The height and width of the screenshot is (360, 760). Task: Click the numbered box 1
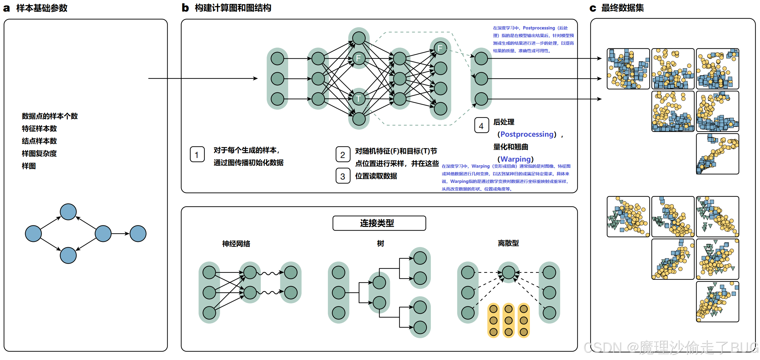[197, 155]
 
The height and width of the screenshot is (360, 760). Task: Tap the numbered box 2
[343, 155]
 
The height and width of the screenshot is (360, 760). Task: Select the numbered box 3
[343, 176]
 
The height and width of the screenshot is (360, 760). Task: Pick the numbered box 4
[481, 125]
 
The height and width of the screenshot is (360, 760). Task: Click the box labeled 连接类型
[379, 223]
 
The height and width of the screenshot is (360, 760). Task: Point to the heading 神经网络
[236, 244]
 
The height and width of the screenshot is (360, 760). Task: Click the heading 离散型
[508, 243]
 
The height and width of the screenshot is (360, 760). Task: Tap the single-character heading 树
[380, 243]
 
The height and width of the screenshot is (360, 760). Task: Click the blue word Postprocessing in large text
[527, 134]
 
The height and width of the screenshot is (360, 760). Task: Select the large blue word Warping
[515, 159]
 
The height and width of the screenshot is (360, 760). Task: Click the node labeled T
[359, 99]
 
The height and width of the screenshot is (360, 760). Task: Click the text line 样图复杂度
[39, 153]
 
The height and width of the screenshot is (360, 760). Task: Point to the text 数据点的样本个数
[49, 116]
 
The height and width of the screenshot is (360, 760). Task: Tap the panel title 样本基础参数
[42, 8]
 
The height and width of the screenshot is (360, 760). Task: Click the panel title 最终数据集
[622, 8]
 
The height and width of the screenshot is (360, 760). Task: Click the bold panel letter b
[185, 8]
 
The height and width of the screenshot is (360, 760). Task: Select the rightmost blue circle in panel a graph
[138, 234]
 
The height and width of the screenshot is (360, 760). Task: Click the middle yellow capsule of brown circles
[508, 320]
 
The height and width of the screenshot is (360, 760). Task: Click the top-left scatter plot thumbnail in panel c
[628, 69]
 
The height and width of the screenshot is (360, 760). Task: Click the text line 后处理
[503, 122]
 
